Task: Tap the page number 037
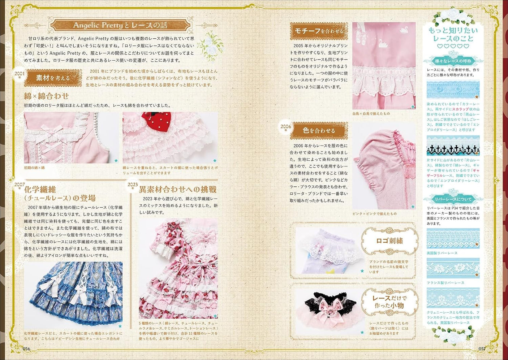[482, 348]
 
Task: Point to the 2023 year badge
[133, 185]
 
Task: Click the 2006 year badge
[285, 127]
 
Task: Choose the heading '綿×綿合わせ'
[46, 96]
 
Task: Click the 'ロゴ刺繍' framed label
[389, 241]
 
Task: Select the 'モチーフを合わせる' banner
[319, 31]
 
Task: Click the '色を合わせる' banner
[319, 130]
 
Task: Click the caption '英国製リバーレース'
[442, 253]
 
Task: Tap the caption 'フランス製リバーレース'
[445, 283]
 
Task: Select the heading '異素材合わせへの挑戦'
[178, 189]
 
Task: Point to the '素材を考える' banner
[53, 78]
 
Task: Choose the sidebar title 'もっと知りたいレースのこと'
[453, 34]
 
